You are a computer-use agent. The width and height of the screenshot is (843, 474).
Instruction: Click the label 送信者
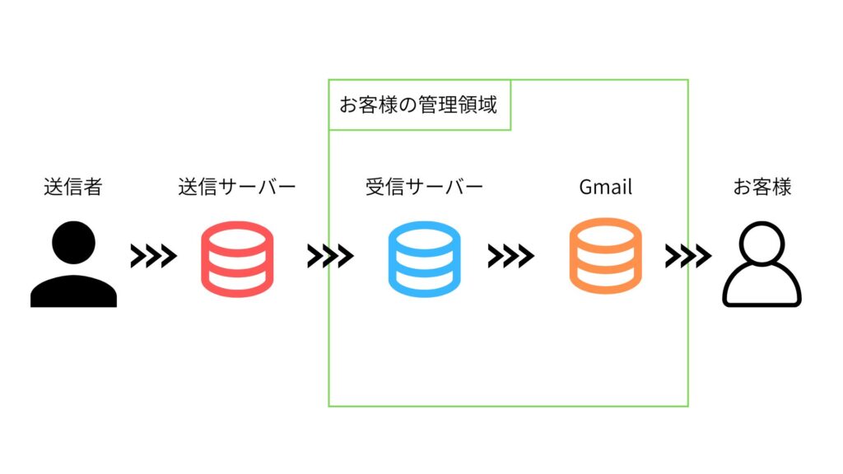point(72,188)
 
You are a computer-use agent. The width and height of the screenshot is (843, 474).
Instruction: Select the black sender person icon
point(73,266)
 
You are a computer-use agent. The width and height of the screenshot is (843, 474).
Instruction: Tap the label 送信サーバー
point(236,188)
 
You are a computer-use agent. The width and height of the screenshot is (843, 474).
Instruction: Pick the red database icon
point(236,258)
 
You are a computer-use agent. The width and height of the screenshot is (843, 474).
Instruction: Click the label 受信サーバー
point(424,188)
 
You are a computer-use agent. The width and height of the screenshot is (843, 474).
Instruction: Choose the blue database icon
point(424,258)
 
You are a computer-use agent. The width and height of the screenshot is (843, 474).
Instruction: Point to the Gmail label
point(605,188)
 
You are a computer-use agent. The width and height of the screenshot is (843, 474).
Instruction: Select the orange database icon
point(605,255)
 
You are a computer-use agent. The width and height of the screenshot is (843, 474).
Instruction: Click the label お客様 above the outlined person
point(761,188)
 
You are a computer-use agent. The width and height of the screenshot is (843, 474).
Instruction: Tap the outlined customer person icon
point(761,266)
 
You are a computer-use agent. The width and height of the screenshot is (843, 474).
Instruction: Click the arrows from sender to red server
point(153,257)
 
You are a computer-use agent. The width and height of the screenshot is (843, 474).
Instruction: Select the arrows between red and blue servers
point(330,257)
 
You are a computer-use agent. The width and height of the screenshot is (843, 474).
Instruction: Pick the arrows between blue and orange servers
point(510,257)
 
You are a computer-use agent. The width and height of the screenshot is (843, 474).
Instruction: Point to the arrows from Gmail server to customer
point(688,257)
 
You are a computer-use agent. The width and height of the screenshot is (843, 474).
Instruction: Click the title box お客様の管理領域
point(419,105)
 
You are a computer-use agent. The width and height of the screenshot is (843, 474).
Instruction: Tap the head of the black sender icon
point(73,244)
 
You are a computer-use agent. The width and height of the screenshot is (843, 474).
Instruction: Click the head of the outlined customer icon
point(761,244)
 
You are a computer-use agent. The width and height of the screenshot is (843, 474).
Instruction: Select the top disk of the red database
point(236,237)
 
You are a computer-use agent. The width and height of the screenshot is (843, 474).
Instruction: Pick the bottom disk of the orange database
point(605,278)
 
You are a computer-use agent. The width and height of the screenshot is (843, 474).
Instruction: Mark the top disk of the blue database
point(424,237)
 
